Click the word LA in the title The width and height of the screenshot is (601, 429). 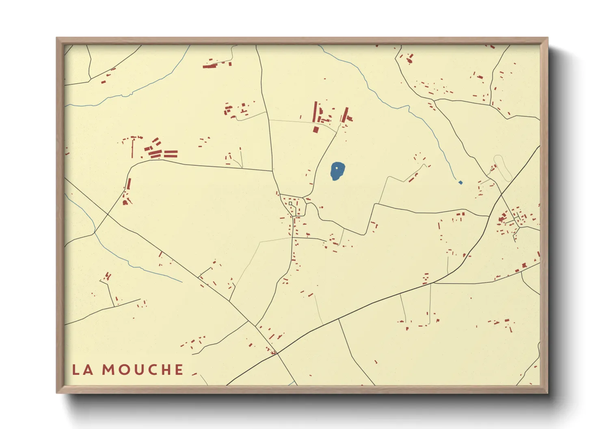pyautogui.click(x=82, y=370)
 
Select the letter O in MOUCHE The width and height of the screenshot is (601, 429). pyautogui.click(x=125, y=370)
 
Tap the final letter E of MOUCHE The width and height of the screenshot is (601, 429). pyautogui.click(x=179, y=370)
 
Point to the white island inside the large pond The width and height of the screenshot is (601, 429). pyautogui.click(x=336, y=167)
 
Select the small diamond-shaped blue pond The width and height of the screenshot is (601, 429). pyautogui.click(x=460, y=182)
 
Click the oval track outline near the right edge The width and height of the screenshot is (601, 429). pyautogui.click(x=503, y=167)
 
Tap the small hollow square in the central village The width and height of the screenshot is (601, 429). pyautogui.click(x=290, y=204)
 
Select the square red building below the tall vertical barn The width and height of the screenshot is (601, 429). pyautogui.click(x=316, y=130)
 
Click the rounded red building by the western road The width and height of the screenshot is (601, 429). pyautogui.click(x=125, y=202)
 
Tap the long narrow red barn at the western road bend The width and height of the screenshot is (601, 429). pyautogui.click(x=129, y=184)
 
